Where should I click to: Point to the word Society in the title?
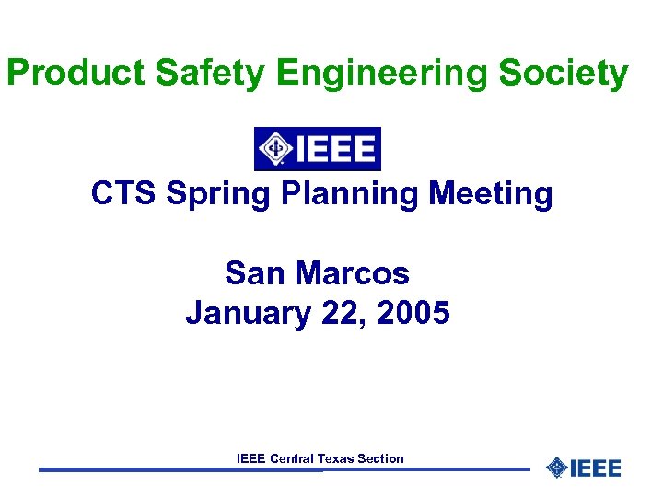[x=564, y=73]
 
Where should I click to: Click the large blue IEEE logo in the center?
[x=317, y=148]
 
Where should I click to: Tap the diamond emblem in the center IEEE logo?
[x=273, y=148]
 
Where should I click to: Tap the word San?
[x=249, y=273]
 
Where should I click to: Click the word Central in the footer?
[x=292, y=458]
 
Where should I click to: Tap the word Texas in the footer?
[x=338, y=458]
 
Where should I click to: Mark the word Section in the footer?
[x=382, y=458]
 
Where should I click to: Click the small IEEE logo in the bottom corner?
[x=584, y=468]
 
